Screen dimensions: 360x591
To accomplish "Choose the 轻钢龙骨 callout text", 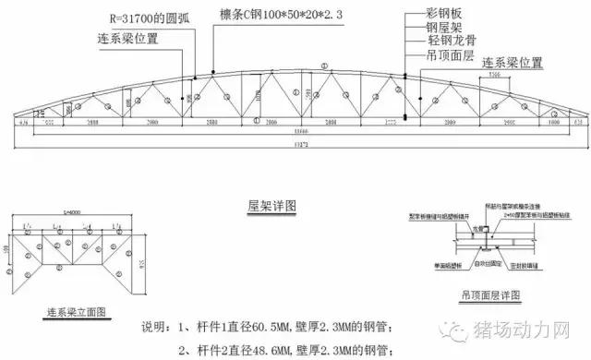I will tap(458, 43).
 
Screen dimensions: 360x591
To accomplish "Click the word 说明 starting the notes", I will tap(155, 329).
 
